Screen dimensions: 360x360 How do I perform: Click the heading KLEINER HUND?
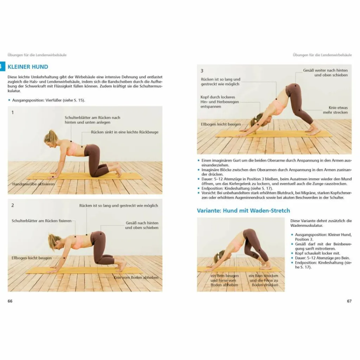click(x=28, y=67)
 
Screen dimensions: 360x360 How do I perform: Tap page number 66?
click(x=10, y=301)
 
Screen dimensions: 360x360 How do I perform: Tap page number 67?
click(x=349, y=301)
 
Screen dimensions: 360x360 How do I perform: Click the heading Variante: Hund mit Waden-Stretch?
click(x=243, y=211)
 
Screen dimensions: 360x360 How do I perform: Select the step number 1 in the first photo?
click(x=13, y=112)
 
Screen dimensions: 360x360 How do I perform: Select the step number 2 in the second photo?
click(x=13, y=205)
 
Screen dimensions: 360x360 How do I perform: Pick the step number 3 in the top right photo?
click(x=202, y=71)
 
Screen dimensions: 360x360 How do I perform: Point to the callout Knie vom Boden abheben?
click(x=136, y=277)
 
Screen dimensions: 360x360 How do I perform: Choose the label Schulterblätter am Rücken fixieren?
click(x=41, y=221)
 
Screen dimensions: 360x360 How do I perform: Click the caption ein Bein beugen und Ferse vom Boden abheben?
click(x=224, y=280)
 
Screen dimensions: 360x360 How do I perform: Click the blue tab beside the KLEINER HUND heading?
click(x=2, y=67)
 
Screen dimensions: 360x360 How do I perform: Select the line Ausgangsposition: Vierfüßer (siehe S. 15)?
click(x=48, y=100)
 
